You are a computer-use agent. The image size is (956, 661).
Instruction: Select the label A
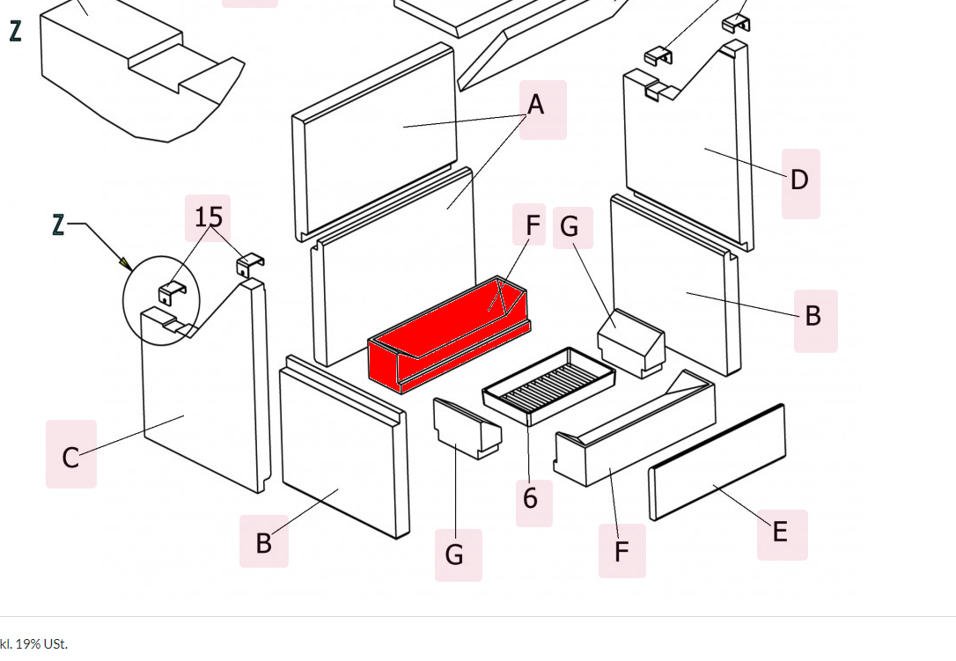pos(536,106)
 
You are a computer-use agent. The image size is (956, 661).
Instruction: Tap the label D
pos(798,180)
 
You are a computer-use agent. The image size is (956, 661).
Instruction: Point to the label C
pos(70,457)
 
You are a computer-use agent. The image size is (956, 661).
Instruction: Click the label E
pos(780,532)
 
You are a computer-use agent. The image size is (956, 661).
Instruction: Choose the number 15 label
pos(209,217)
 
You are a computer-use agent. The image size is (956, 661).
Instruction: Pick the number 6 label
pos(530,499)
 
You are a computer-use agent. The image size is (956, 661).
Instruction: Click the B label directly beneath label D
pos(813,315)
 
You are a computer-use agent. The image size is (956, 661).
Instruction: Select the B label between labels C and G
pos(263,543)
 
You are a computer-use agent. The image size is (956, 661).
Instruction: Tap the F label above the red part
pos(533,226)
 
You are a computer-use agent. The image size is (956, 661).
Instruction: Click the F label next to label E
pos(621,552)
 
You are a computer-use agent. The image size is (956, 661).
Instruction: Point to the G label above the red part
pos(570,227)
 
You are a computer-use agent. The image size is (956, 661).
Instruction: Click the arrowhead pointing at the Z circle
pos(126,262)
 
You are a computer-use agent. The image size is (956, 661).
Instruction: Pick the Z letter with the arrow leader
pos(58,225)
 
